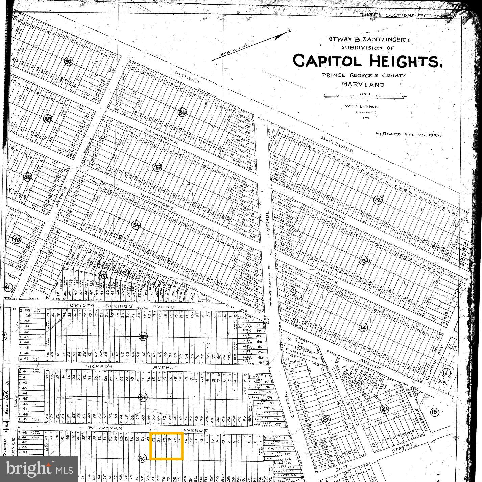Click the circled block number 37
point(69,62)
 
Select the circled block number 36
point(182,112)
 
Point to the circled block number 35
point(157,167)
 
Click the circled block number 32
point(143,336)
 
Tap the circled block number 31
point(143,397)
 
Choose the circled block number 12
point(378,200)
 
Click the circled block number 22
point(326,419)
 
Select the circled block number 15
point(434,412)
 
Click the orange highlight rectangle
point(167,446)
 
